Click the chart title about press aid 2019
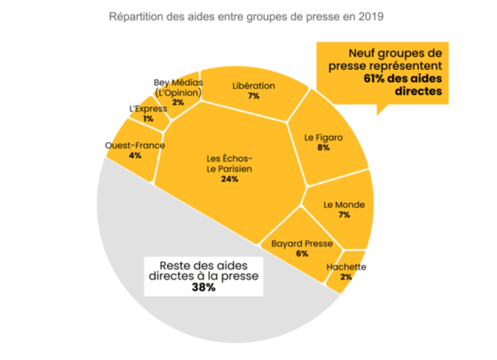click(246, 17)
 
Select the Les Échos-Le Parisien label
click(229, 163)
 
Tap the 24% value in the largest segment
click(229, 179)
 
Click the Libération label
click(254, 86)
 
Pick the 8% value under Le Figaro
click(323, 148)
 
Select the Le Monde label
click(344, 205)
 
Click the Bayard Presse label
click(302, 244)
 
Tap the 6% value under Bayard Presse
click(302, 254)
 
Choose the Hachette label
click(346, 267)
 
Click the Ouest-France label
click(135, 146)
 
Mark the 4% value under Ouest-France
click(135, 155)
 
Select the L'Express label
click(148, 109)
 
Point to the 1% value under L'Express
click(148, 118)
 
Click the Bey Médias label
click(178, 82)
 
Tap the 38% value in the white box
click(203, 287)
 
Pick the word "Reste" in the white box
click(176, 266)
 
